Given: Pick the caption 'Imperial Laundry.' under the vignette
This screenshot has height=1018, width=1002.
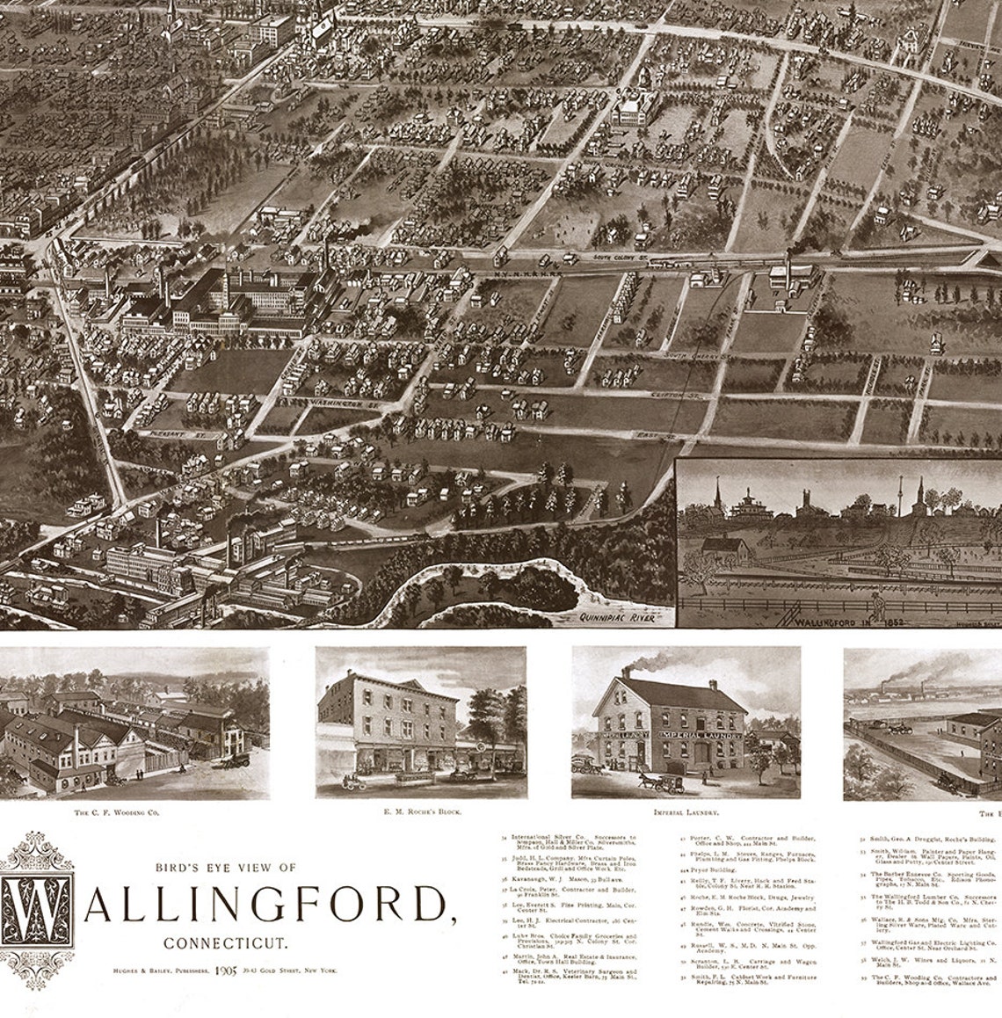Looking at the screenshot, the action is coord(680,812).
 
